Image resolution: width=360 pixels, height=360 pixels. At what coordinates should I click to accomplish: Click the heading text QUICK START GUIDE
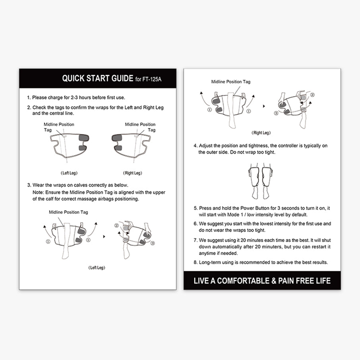click(98, 78)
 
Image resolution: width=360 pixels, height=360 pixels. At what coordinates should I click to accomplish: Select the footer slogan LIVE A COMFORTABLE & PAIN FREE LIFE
click(262, 281)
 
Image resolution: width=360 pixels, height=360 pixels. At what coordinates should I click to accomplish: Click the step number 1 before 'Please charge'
click(29, 98)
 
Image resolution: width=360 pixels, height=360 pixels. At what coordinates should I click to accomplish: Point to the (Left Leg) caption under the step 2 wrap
click(69, 173)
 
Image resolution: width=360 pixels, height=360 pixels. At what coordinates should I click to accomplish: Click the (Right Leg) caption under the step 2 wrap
click(133, 173)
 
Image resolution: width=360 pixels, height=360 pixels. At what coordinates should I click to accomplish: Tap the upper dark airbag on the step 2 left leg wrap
click(84, 137)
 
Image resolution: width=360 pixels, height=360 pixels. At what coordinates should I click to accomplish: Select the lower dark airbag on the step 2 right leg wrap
click(120, 147)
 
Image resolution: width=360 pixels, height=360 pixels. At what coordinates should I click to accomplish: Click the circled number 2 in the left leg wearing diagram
click(116, 225)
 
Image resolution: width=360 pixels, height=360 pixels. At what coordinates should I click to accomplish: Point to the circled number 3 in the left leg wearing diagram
click(153, 243)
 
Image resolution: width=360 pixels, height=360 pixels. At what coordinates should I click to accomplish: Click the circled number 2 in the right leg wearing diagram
click(312, 95)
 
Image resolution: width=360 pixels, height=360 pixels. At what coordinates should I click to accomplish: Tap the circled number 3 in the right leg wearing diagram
click(276, 113)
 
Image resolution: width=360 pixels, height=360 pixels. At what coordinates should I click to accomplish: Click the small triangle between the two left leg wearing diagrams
click(104, 236)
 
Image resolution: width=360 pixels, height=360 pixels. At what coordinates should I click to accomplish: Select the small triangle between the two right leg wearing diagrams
click(264, 106)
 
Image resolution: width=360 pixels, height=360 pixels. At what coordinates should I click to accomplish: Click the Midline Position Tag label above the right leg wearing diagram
click(231, 82)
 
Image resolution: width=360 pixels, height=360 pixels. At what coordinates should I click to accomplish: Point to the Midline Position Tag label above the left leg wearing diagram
click(68, 212)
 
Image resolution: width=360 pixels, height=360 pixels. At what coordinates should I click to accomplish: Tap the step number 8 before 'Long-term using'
click(195, 262)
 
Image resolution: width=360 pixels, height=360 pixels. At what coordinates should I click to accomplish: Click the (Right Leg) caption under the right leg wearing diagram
click(261, 133)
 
